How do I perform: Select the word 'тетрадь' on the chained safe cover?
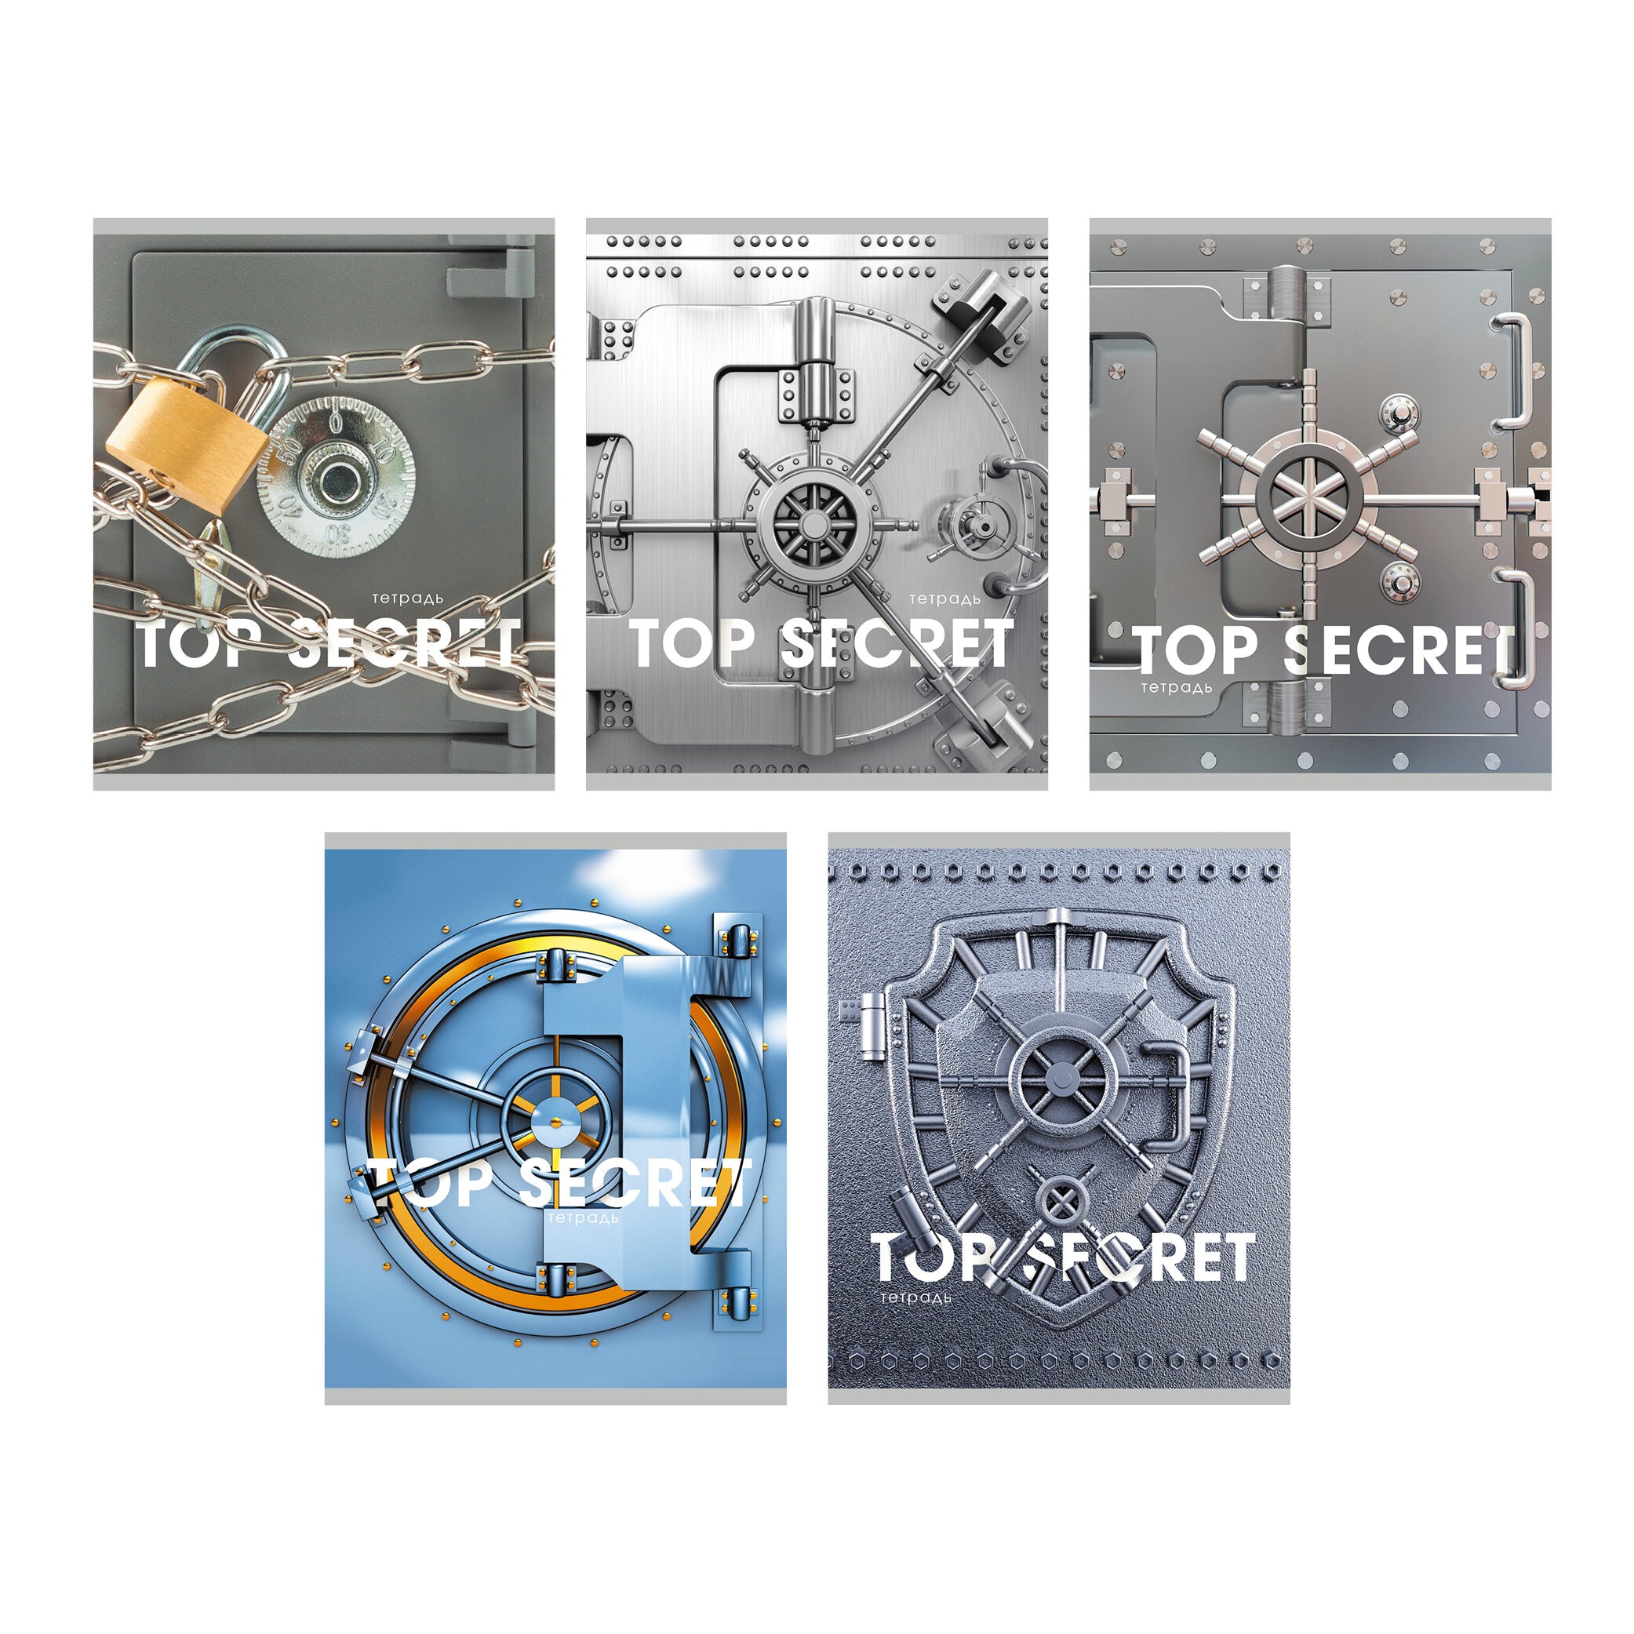pos(408,599)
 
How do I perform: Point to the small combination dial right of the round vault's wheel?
pos(981,526)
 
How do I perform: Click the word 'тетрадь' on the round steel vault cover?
pos(944,599)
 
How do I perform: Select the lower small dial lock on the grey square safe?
pos(1400,584)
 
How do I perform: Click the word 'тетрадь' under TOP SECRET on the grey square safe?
pos(1176,688)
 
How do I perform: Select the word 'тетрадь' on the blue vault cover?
pos(583,1218)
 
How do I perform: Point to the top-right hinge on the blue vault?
pos(737,941)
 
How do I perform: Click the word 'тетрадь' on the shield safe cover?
pos(917,1297)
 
